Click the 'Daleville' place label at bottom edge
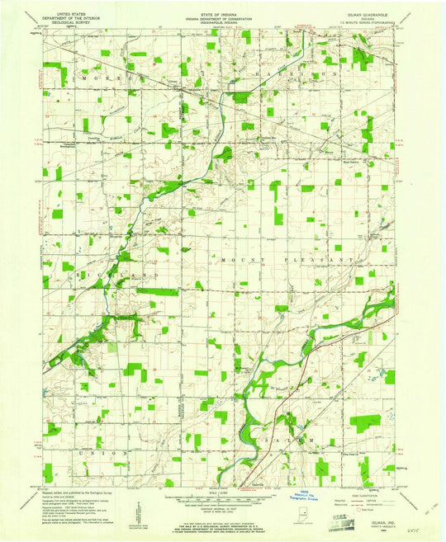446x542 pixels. click(x=246, y=485)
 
